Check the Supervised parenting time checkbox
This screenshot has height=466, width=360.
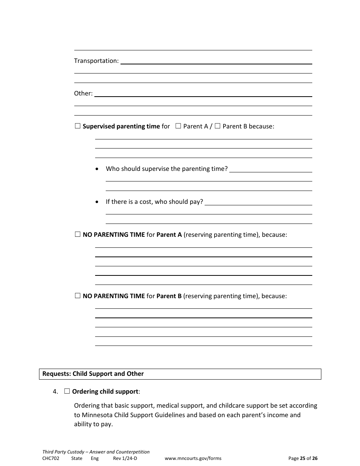coord(78,126)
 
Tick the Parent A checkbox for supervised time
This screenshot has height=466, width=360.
coord(178,126)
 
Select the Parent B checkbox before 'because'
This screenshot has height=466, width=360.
coord(218,126)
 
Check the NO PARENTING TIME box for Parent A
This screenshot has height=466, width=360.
coord(78,235)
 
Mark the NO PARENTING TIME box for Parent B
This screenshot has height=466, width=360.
coord(78,296)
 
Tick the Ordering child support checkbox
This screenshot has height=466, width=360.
coord(67,391)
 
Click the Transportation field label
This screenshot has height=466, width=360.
coord(96,61)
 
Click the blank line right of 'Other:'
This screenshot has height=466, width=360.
coord(203,94)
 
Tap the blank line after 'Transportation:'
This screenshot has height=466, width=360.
coord(216,61)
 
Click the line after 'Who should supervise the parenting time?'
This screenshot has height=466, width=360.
coord(271,169)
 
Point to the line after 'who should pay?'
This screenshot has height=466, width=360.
coord(258,202)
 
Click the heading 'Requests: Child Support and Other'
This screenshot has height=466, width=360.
coord(93,374)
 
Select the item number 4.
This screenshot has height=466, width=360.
coord(55,392)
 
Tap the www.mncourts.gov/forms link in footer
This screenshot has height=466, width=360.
coord(193,458)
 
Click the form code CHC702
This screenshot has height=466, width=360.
coord(51,458)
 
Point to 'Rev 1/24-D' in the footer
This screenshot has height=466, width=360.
coord(125,458)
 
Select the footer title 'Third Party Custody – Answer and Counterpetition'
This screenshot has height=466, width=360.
coord(96,452)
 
